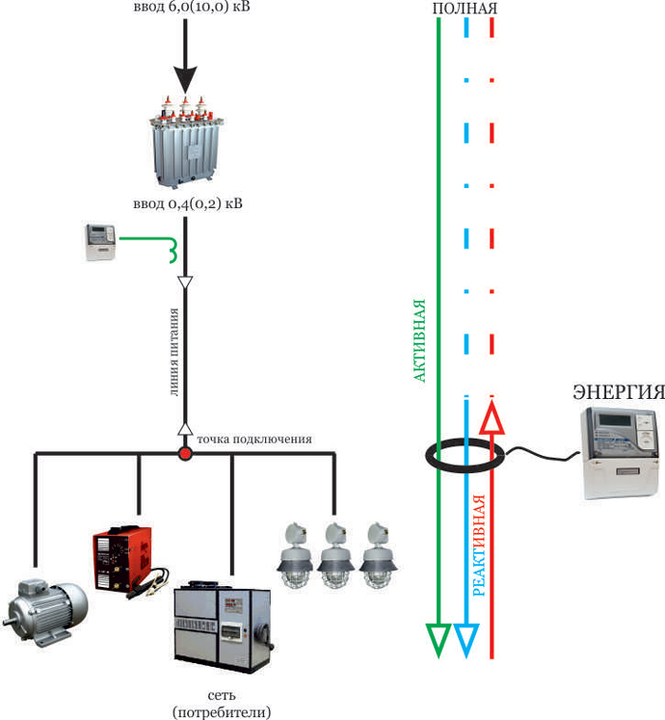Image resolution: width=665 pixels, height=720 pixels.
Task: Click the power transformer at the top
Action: pos(186,142)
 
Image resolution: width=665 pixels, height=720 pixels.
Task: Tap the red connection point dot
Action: pos(185,454)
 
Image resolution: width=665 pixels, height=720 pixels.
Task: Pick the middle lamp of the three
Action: pos(336,555)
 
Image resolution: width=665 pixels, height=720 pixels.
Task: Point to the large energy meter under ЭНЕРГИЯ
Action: pos(620,453)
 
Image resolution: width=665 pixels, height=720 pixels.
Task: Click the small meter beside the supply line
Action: pos(101,242)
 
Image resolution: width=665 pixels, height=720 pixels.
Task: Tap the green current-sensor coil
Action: pos(173,251)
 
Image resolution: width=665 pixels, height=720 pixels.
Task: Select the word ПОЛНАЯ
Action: pos(465,8)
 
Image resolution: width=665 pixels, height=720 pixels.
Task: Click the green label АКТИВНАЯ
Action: pos(419,341)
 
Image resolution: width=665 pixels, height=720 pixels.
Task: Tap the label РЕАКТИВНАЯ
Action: pos(479,545)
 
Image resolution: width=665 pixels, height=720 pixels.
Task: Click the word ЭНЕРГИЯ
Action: pos(618,391)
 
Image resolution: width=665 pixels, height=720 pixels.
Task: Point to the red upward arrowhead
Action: pos(492,417)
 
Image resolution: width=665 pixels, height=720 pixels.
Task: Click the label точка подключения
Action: pos(255,440)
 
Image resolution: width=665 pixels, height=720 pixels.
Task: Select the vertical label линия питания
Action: pos(174,351)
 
